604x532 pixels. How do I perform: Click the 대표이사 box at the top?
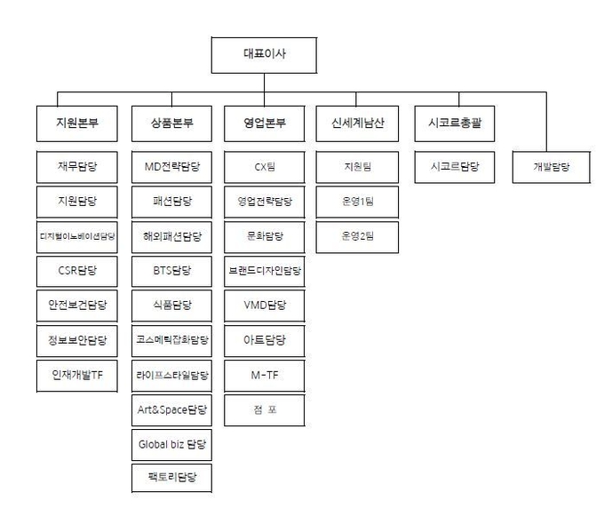coord(265,55)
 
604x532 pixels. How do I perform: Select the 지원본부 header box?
coord(77,123)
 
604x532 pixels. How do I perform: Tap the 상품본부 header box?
coord(171,123)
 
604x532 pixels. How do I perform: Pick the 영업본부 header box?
coord(265,123)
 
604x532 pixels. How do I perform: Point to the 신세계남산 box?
coord(357,123)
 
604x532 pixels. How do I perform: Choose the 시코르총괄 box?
coord(455,123)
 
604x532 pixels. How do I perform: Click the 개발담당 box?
coord(552,167)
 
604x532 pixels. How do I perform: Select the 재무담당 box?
coord(77,167)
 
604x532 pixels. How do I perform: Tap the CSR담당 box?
coord(77,271)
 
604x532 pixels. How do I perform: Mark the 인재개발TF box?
coord(77,376)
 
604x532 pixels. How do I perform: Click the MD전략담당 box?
coord(171,167)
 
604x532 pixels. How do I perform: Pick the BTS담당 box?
coord(171,271)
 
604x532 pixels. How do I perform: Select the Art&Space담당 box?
coord(171,410)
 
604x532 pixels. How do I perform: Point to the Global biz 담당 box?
coord(171,445)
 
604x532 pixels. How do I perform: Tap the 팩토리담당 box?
coord(171,478)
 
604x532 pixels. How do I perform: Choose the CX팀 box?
coord(265,167)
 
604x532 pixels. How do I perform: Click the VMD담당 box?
coord(265,306)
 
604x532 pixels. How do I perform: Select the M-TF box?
coord(265,376)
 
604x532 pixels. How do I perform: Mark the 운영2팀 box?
coord(357,236)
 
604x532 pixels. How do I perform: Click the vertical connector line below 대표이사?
coord(265,90)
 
